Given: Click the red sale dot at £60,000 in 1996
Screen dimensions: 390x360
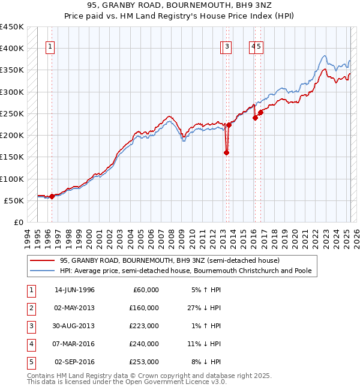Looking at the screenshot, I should click(x=52, y=196).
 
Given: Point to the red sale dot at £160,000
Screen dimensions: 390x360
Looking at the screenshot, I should click(x=226, y=152).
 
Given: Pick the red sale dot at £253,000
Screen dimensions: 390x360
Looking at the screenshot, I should click(x=260, y=112).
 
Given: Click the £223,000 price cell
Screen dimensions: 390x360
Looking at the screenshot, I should click(x=145, y=326).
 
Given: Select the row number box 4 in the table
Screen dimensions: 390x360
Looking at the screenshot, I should click(x=30, y=344).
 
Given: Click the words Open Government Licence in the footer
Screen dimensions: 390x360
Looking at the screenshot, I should click(x=179, y=382).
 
